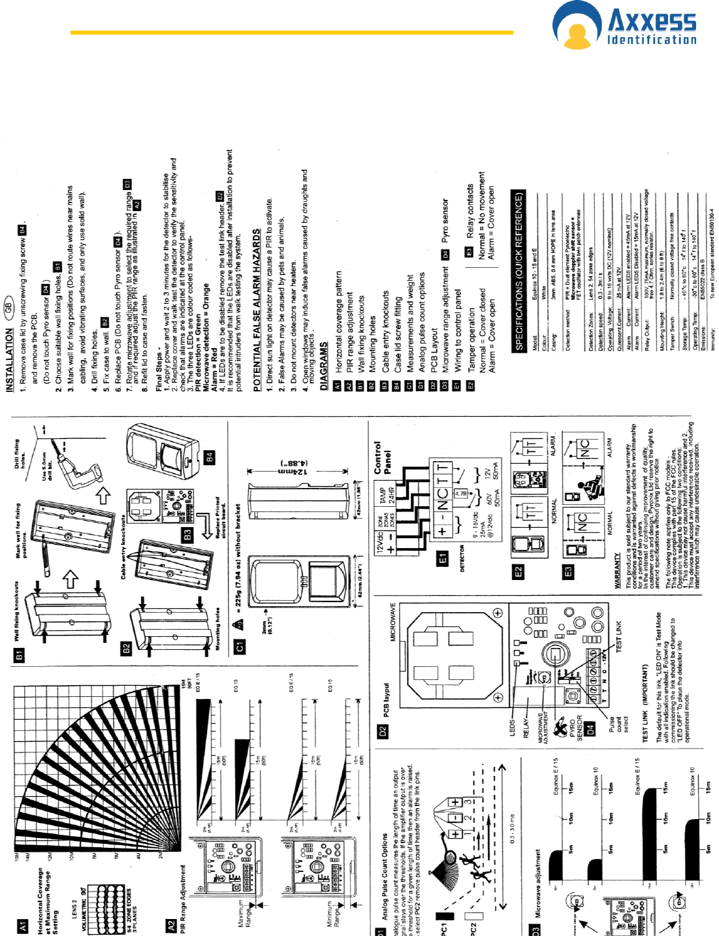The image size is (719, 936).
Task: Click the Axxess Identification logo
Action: pos(625,27)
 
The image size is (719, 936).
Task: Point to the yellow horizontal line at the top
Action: pos(291,32)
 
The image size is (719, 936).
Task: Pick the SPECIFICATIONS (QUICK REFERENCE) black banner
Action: pos(520,271)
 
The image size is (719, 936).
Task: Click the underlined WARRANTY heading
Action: pos(618,571)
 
